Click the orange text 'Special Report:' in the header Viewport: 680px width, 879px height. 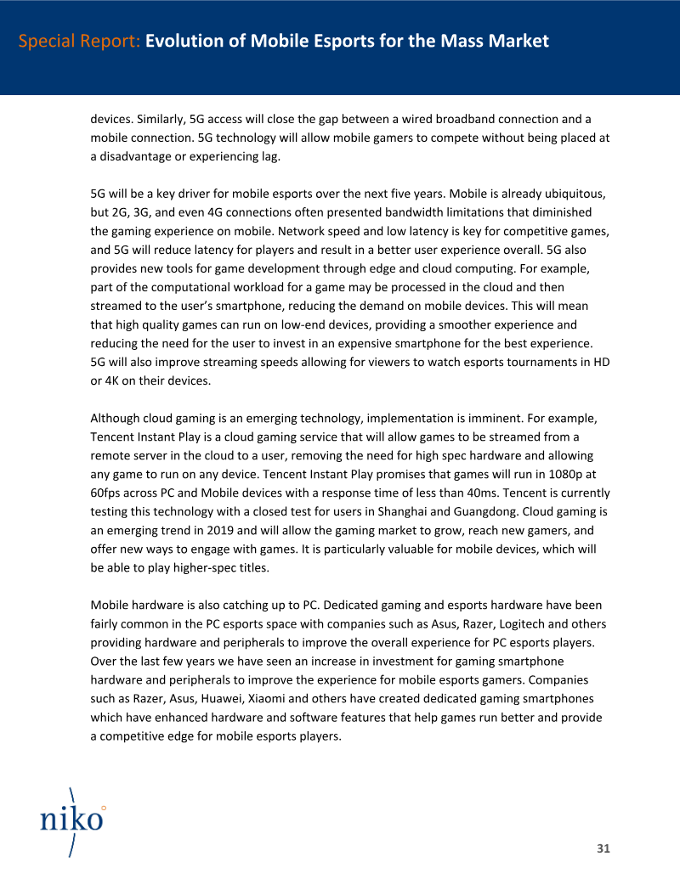[79, 41]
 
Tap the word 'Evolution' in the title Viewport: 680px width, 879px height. [187, 41]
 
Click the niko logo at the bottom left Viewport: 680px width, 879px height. [72, 819]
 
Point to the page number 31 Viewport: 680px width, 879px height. [603, 848]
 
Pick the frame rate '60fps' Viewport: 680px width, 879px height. [110, 493]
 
